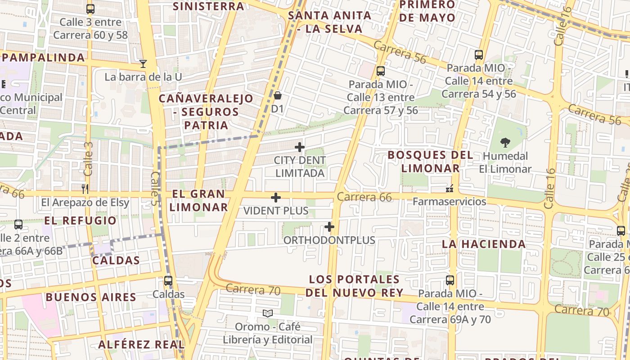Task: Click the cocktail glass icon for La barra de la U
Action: [x=143, y=64]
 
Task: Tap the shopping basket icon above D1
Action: [x=278, y=95]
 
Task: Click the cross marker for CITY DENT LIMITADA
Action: [x=300, y=147]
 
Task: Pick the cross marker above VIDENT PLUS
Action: [x=276, y=198]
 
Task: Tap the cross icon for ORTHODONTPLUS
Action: [x=329, y=227]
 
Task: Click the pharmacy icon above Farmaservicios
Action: [x=449, y=188]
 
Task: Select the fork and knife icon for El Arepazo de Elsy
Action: [x=85, y=189]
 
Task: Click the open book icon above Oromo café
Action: [x=267, y=313]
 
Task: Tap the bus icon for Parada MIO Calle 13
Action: [x=381, y=71]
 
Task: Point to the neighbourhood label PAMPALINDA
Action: [x=44, y=58]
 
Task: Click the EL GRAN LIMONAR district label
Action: [x=198, y=201]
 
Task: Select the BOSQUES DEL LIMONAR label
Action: [x=430, y=162]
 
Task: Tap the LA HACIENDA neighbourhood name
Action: [x=484, y=244]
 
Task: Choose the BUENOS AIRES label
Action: [x=91, y=297]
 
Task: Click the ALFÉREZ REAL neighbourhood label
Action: [x=141, y=345]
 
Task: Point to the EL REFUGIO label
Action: [x=81, y=220]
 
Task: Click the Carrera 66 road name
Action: [x=364, y=197]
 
